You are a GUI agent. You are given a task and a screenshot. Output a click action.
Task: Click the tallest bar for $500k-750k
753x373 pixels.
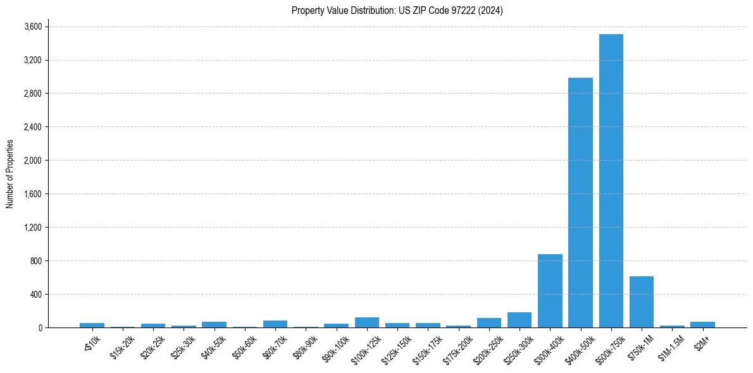pyautogui.click(x=611, y=181)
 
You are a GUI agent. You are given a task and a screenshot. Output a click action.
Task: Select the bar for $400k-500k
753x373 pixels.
pyautogui.click(x=580, y=202)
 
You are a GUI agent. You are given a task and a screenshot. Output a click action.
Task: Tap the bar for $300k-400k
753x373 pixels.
pyautogui.click(x=550, y=291)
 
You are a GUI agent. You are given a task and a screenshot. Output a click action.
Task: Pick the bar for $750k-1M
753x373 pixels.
pyautogui.click(x=641, y=302)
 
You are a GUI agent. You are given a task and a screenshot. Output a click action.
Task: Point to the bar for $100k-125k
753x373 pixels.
pyautogui.click(x=367, y=322)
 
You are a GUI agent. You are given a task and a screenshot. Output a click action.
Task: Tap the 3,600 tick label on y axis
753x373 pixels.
pyautogui.click(x=33, y=27)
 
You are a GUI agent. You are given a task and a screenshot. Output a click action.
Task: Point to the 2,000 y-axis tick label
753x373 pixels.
pyautogui.click(x=33, y=161)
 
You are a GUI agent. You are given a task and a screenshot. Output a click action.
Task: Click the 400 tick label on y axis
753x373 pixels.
pyautogui.click(x=36, y=295)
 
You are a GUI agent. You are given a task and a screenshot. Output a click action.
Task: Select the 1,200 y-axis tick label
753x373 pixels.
pyautogui.click(x=33, y=228)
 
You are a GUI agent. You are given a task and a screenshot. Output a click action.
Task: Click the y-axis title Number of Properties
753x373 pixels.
pyautogui.click(x=9, y=174)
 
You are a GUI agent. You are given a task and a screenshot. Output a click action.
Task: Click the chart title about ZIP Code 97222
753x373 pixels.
pyautogui.click(x=397, y=11)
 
